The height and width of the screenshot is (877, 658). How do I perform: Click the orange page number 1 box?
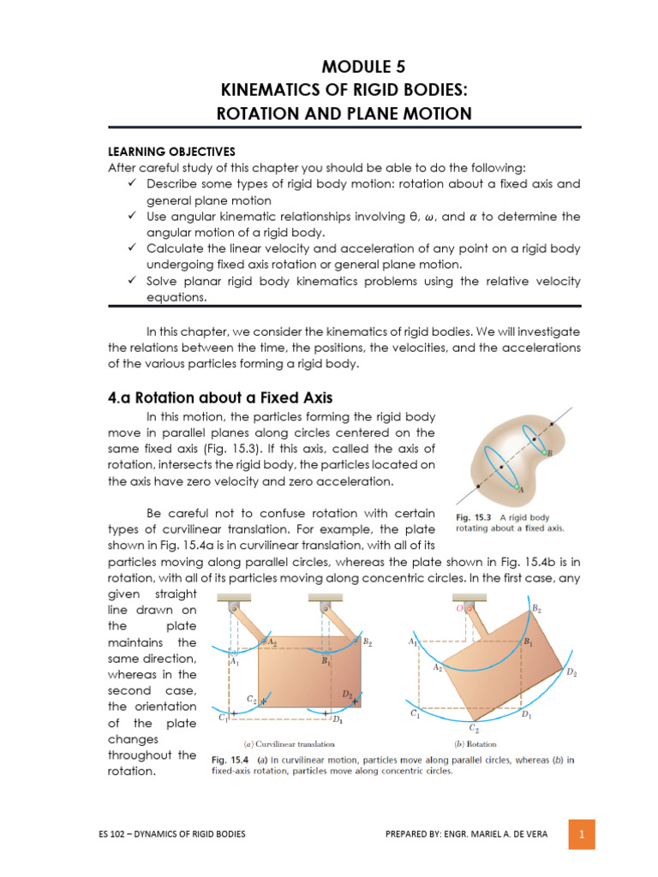(581, 833)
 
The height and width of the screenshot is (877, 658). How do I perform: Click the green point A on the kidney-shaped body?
(517, 487)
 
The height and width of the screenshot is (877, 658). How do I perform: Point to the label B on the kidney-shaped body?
(549, 452)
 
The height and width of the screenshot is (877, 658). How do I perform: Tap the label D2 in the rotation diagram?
(571, 672)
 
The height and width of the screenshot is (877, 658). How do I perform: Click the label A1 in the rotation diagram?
(412, 641)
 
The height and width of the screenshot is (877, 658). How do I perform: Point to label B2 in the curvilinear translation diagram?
(367, 641)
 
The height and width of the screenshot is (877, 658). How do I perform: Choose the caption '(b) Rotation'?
(476, 743)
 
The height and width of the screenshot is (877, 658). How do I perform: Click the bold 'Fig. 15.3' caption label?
(469, 518)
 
